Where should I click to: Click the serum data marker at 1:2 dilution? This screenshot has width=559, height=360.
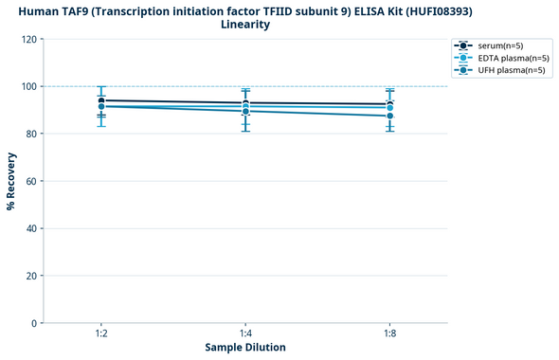[x=101, y=100]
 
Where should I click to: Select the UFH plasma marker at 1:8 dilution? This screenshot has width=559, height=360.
[x=389, y=116]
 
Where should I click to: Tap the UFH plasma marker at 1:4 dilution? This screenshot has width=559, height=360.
[x=245, y=111]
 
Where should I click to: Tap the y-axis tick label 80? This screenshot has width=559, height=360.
[x=30, y=134]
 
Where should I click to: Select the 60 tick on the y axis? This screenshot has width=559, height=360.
[x=30, y=181]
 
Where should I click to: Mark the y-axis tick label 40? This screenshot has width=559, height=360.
[x=30, y=228]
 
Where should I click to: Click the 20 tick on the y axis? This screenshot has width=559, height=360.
[x=30, y=276]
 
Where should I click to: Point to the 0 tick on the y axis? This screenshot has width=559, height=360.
[x=33, y=323]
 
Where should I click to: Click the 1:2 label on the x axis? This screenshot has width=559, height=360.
[x=101, y=333]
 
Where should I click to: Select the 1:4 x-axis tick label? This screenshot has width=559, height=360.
[x=245, y=333]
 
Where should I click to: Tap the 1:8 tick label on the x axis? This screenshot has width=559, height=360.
[x=389, y=333]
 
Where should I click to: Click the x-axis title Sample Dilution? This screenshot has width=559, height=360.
[x=245, y=348]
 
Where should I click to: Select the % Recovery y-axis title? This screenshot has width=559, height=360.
[x=10, y=181]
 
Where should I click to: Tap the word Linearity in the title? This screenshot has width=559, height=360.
[x=245, y=24]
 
